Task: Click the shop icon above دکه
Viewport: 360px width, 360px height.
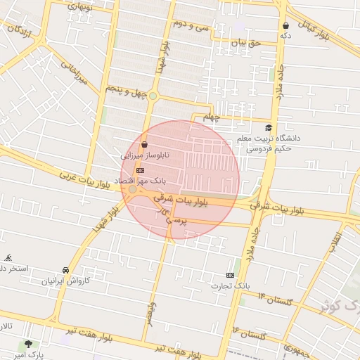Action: pos(285,25)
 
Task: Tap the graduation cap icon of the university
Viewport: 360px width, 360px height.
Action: pos(268,127)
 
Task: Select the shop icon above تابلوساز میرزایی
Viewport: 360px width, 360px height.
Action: pos(144,144)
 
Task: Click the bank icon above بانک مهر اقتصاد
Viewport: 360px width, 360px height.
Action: pos(140,170)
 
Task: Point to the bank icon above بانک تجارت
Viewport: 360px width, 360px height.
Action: pos(231,275)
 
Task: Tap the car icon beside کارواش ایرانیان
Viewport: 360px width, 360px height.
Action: pos(65,270)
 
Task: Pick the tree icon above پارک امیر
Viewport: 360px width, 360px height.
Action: pos(28,344)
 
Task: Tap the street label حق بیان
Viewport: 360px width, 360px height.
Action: pos(246,43)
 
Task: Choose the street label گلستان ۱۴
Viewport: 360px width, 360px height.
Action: pos(275,300)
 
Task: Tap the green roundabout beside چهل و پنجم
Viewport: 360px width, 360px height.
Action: pos(153,96)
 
